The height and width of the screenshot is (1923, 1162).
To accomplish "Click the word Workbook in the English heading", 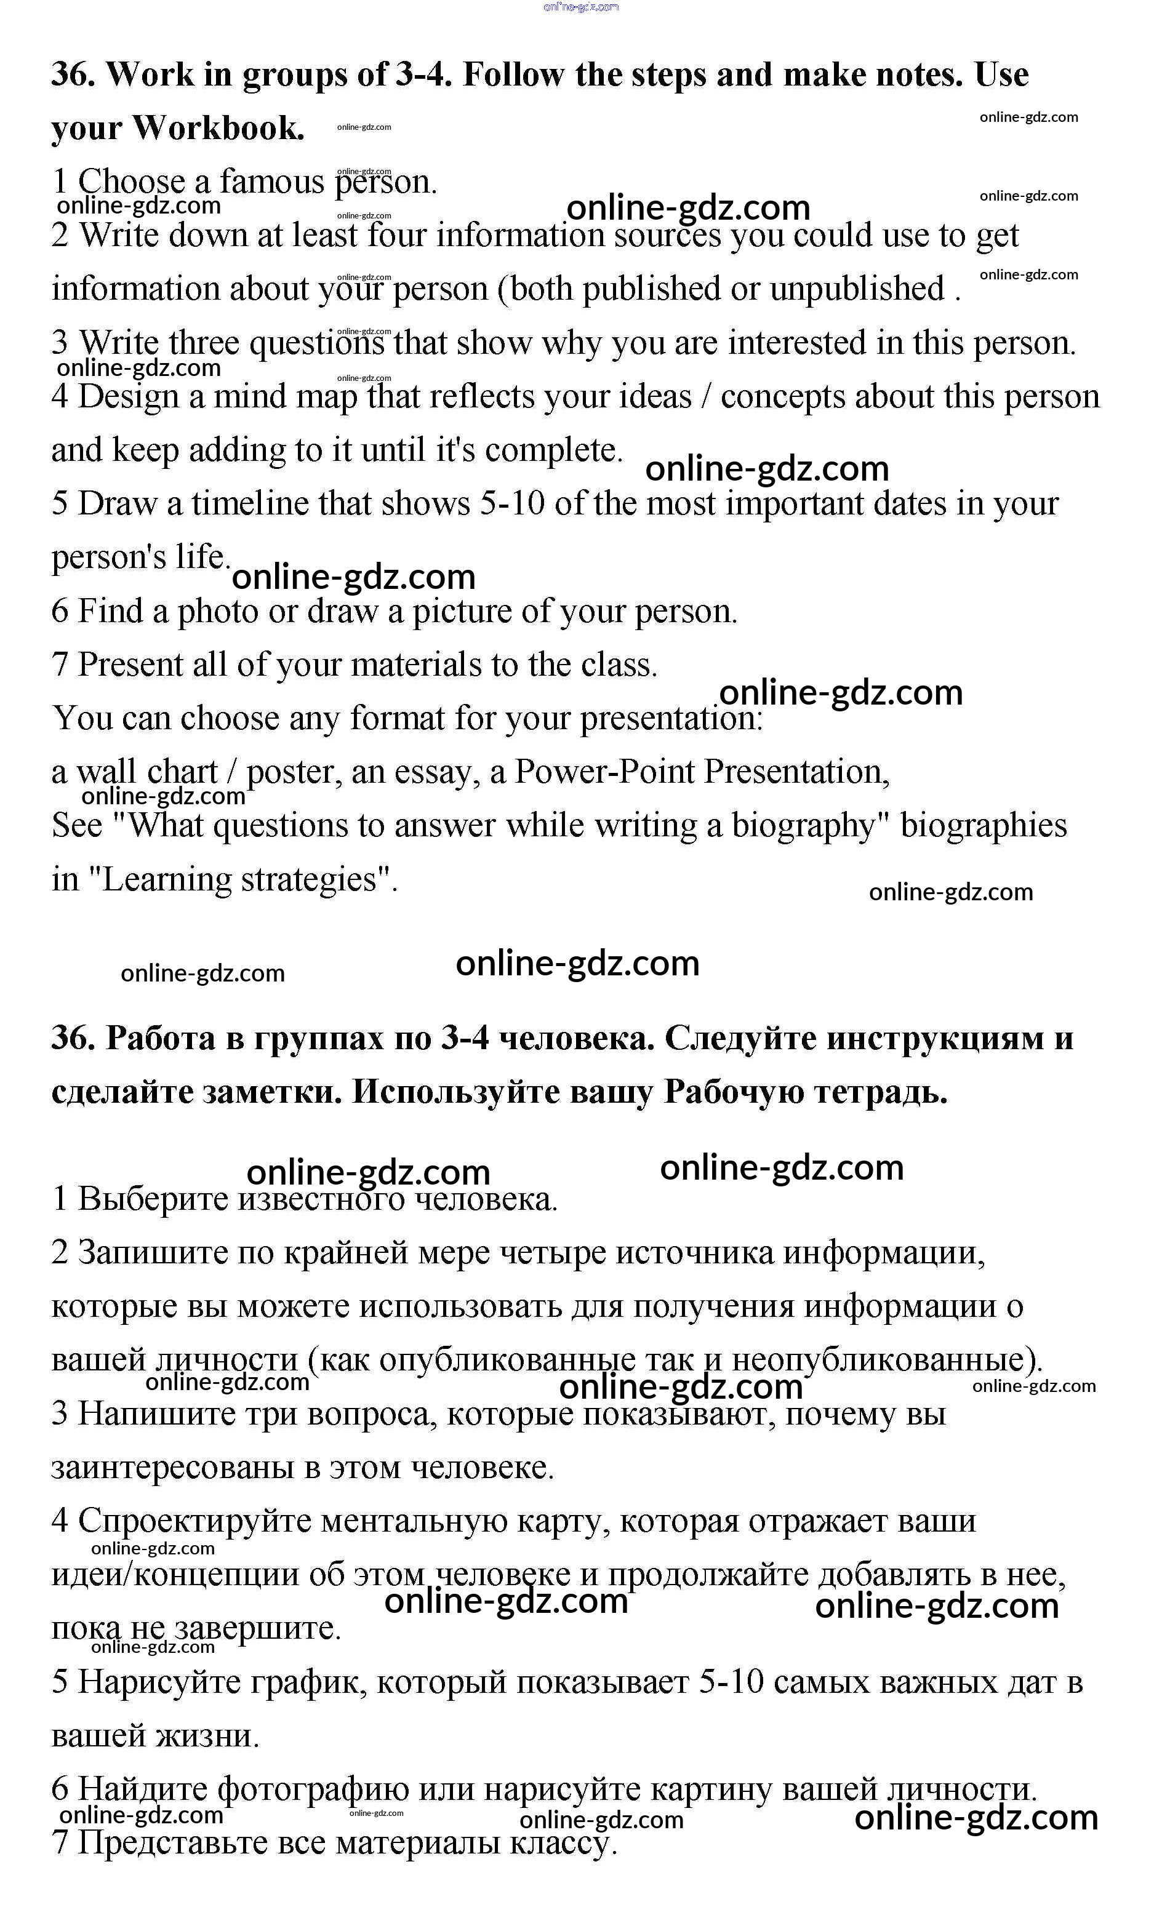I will [218, 128].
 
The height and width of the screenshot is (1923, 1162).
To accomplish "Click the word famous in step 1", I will [271, 182].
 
